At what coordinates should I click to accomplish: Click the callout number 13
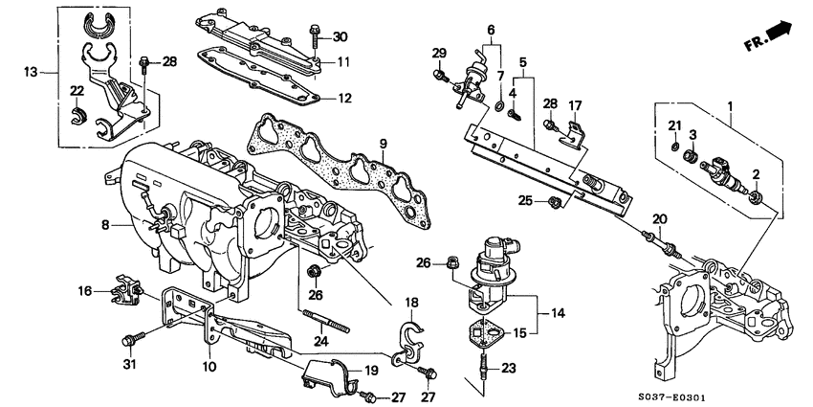pos(32,71)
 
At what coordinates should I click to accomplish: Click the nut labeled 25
pos(554,201)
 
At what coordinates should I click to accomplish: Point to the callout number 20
pos(657,219)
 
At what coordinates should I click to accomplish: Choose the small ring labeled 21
pos(676,149)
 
